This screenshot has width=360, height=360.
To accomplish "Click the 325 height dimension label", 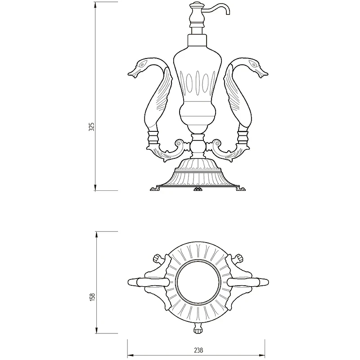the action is (x=91, y=127).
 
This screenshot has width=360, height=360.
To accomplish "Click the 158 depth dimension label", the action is (x=92, y=297).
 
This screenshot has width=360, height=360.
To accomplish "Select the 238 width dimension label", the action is (x=198, y=351).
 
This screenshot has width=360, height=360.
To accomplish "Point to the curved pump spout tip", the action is (x=228, y=13).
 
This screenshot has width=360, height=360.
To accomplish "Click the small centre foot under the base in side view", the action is (x=198, y=189).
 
